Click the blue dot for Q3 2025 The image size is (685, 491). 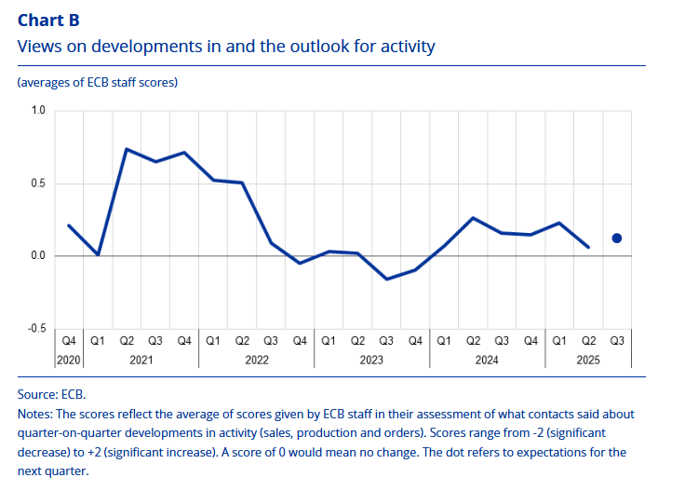coord(616,239)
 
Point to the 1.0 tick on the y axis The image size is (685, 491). coord(38,111)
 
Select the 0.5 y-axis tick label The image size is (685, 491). coord(38,184)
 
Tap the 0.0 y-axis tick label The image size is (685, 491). coord(38,256)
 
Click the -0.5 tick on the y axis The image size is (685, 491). coord(36,329)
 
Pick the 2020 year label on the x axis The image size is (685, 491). coord(70,360)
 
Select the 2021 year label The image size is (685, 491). coord(141,360)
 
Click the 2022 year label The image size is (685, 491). coord(257,360)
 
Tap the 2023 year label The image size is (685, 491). coord(372,360)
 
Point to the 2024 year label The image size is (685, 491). coord(488,360)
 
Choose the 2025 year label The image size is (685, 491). coord(588,360)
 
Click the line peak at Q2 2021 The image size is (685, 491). coord(127,149)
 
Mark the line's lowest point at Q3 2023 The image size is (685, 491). coord(386,279)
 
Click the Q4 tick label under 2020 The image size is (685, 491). coord(70,342)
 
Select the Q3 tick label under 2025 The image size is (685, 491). coord(616,342)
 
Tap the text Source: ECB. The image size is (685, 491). coord(51,394)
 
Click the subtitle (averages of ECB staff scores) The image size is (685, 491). coord(97,83)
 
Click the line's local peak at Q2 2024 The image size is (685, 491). coord(473,218)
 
